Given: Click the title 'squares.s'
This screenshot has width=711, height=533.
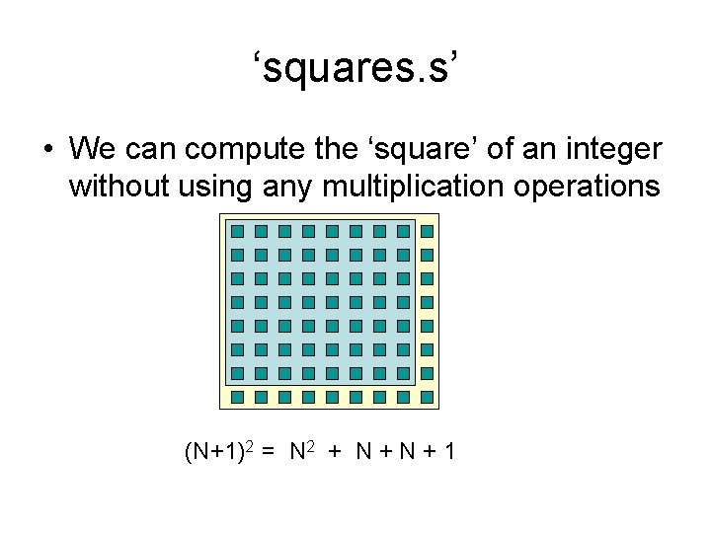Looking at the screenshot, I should (x=355, y=69).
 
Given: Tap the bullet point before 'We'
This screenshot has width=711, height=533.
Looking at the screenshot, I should (x=46, y=150).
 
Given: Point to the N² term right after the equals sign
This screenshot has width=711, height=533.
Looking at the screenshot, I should (x=302, y=452).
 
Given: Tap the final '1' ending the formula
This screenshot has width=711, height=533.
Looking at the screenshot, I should (x=449, y=452).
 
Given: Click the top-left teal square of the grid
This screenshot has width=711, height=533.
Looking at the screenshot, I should (x=237, y=232).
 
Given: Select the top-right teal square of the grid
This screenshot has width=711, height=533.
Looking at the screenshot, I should (x=427, y=232).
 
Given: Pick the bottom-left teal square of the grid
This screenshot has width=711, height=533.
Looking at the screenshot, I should (x=237, y=397).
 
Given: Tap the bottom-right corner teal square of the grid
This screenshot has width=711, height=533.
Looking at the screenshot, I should (x=427, y=397).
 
